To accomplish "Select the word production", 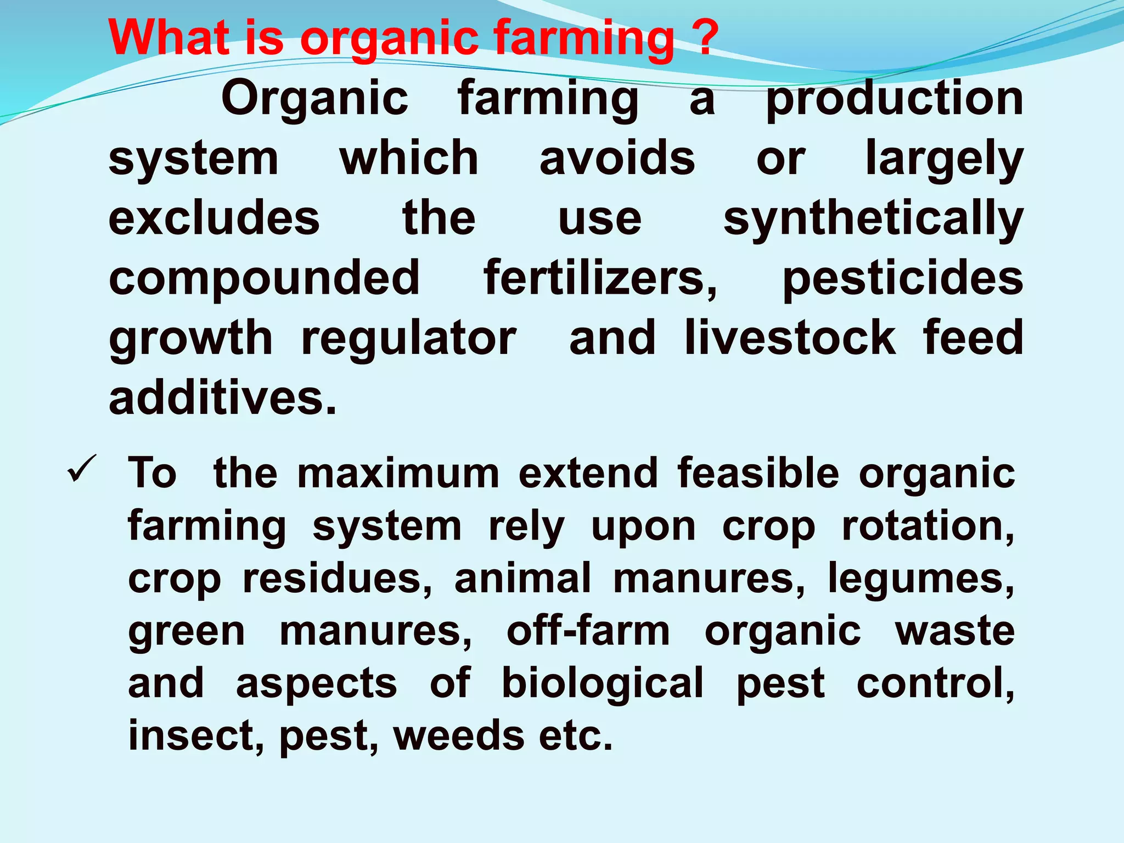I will coord(895,99).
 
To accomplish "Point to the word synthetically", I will coord(873,220).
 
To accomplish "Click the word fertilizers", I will coord(600,278).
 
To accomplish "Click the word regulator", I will coord(409,339).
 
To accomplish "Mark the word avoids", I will coord(617,159).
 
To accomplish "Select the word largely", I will coord(944,160).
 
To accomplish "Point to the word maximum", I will coord(398,473).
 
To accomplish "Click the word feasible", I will coord(758,473).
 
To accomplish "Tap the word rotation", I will coord(928,526).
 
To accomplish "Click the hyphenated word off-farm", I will coord(588,631).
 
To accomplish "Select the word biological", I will coord(602,684).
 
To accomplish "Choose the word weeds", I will coord(459,736).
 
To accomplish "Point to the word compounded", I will coord(264,278).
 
